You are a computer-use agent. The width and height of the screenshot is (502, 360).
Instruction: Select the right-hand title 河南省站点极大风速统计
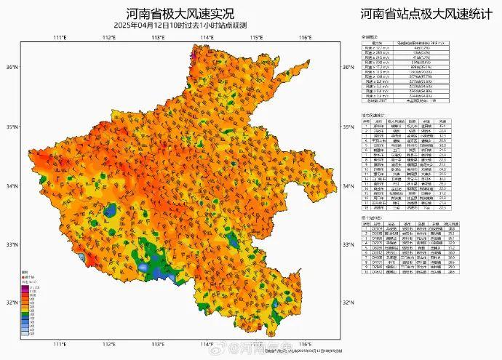click(423, 14)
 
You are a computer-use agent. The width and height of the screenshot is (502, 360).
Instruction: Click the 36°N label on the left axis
click(11, 68)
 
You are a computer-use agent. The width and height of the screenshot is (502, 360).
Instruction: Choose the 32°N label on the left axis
click(11, 303)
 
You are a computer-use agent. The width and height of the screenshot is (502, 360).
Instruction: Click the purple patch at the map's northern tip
click(193, 52)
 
